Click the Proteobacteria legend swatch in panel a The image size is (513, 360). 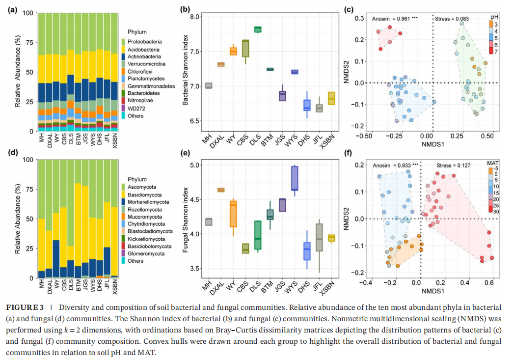[x=123, y=42]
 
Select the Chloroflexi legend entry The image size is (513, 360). [x=140, y=71]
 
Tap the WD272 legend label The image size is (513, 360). [x=136, y=108]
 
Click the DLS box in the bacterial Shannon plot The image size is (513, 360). [x=258, y=29]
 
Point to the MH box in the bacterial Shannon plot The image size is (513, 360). [x=209, y=85]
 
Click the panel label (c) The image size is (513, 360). [x=349, y=9]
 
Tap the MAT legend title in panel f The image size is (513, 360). [x=493, y=163]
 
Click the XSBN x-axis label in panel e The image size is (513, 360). [x=331, y=286]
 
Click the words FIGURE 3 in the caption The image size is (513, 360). [x=22, y=307]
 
